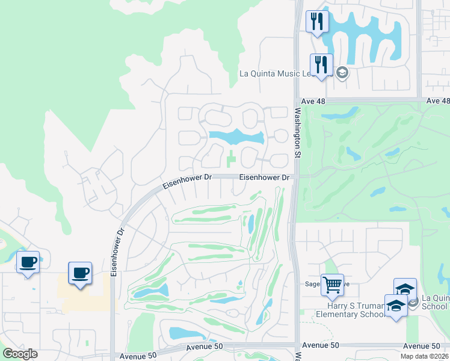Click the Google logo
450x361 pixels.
(x=20, y=354)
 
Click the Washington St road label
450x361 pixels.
(x=297, y=132)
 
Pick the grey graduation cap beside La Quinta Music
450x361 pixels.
(x=342, y=73)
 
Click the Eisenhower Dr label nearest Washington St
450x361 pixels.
(x=265, y=177)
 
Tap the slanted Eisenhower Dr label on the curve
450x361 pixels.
(x=187, y=182)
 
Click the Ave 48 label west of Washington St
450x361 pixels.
(x=313, y=101)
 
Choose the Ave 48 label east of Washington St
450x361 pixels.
(x=437, y=101)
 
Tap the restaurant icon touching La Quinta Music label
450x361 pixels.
(x=321, y=64)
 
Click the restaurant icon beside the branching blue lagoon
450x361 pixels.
(x=316, y=21)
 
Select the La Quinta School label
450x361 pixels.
(x=436, y=301)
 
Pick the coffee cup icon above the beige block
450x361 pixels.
(x=80, y=273)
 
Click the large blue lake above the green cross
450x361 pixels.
(x=236, y=137)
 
